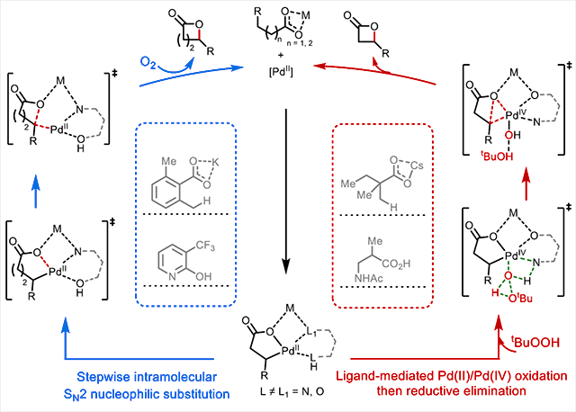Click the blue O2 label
[148, 62]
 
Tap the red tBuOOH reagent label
[535, 342]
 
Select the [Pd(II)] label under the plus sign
[281, 72]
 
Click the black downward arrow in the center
[286, 192]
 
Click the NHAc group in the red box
[369, 278]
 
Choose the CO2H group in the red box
[396, 264]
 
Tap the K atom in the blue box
[215, 162]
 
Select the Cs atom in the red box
[417, 166]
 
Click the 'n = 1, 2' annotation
[300, 43]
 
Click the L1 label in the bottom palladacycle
[311, 333]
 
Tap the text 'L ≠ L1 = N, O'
[292, 392]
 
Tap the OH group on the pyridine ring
[203, 276]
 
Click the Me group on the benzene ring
[168, 161]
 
